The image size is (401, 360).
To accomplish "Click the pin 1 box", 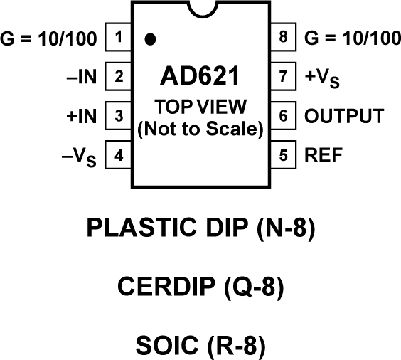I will [119, 37].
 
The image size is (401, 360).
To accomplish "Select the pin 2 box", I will [119, 76].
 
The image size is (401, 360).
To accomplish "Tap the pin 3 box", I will [119, 115].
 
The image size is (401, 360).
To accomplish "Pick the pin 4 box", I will [119, 154].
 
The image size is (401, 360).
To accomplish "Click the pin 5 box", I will [283, 154].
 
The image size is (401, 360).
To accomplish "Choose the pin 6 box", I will [283, 115].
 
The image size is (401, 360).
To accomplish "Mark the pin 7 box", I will [283, 76].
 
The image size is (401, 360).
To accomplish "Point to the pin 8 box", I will [283, 37].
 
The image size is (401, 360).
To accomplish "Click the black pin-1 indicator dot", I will [149, 39].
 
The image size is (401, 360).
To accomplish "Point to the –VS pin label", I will [82, 155].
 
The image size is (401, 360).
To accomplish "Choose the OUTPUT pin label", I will [344, 115].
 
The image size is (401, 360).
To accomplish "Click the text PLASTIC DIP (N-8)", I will [200, 228].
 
